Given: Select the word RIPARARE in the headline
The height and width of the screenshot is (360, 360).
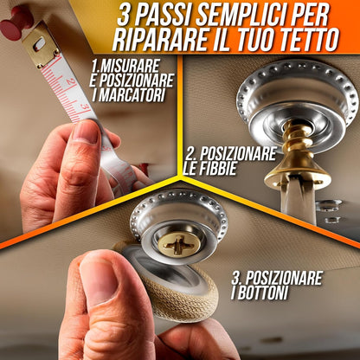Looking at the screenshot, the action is tap(158, 41).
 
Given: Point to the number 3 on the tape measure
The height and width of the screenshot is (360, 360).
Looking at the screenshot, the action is tap(84, 107).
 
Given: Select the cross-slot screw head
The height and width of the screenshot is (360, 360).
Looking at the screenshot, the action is tap(178, 244).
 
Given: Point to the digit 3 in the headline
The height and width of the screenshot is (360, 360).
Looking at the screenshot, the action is tap(122, 17).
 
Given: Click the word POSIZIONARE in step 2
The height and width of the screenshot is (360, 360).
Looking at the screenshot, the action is tap(237, 154).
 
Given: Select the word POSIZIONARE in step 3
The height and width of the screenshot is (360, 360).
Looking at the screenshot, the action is tap(284, 278).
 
